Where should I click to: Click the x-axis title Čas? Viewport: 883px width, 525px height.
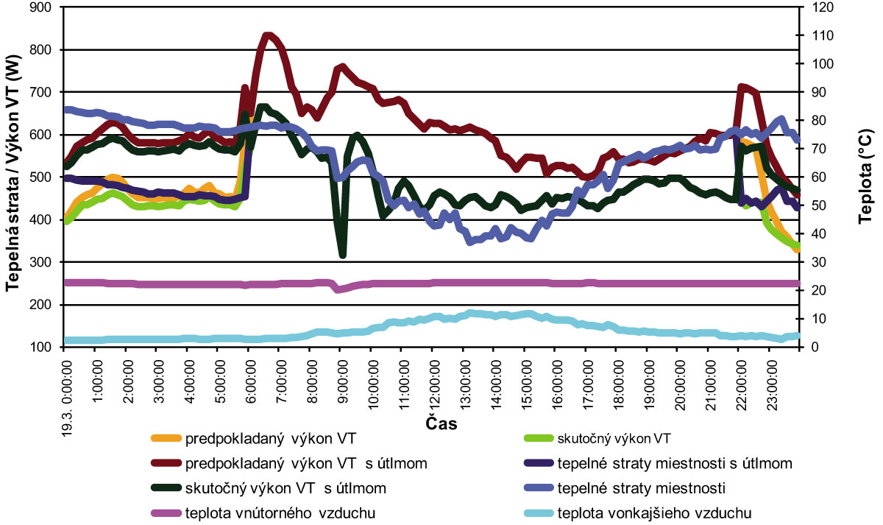pos(441,424)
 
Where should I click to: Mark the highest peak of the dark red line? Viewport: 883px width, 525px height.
pos(268,35)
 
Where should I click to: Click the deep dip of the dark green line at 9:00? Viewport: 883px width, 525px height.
pos(342,255)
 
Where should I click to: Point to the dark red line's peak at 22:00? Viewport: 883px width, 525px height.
pos(742,87)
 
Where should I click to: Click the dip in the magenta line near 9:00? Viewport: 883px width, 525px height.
pos(338,289)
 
